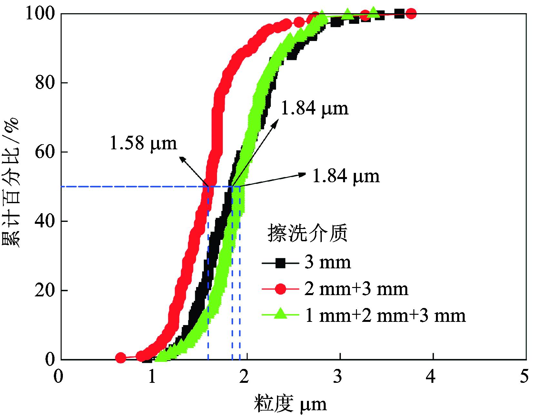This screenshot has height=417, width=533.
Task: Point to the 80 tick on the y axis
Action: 44,83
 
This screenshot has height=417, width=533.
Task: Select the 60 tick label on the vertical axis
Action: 44,152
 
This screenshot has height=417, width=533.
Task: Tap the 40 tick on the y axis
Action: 44,221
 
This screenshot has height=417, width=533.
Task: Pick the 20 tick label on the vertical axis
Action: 44,290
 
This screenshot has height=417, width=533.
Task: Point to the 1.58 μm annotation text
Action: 144,143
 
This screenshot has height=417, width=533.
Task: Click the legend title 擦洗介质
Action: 308,233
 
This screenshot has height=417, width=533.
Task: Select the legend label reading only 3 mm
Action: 328,263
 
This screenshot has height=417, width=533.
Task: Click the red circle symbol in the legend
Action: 281,289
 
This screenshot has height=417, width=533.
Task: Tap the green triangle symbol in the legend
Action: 281,314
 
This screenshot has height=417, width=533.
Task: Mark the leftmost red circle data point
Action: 121,358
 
